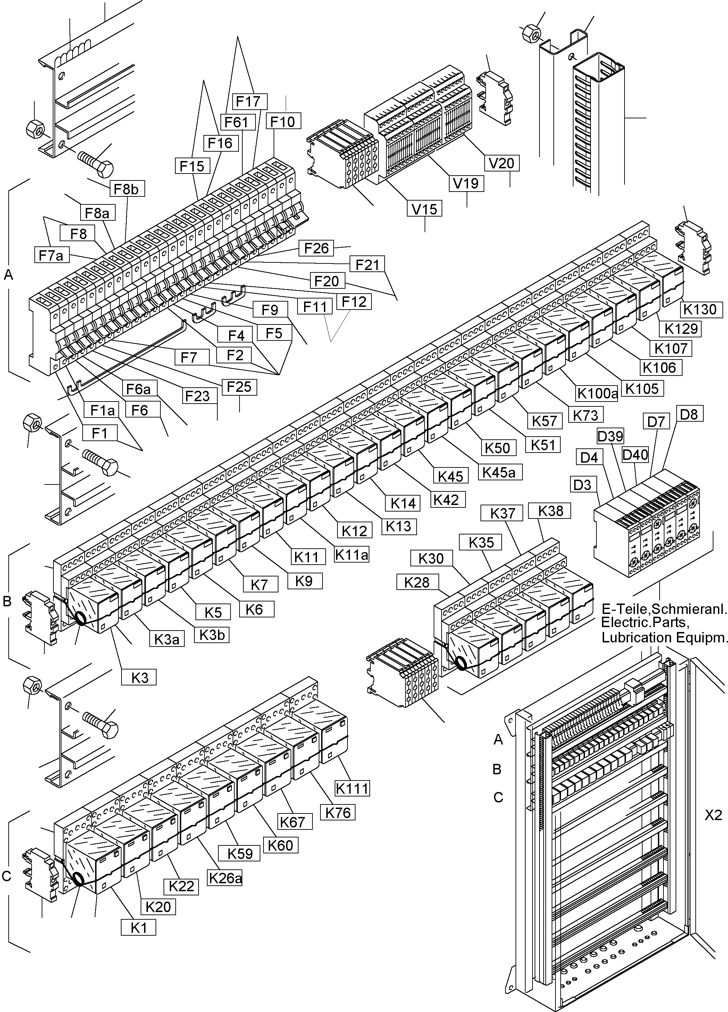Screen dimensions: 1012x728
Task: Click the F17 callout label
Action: [248, 102]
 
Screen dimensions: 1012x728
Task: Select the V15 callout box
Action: [425, 208]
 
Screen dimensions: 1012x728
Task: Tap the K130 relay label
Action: [700, 309]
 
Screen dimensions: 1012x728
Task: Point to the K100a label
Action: [597, 393]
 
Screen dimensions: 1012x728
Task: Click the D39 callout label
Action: [610, 436]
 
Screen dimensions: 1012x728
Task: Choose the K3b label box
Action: [211, 634]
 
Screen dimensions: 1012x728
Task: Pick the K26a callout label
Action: [225, 878]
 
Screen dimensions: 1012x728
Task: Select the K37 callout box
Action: [503, 514]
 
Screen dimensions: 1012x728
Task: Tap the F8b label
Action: [126, 189]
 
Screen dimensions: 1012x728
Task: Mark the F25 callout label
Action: [239, 387]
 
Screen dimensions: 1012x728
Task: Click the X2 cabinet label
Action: [713, 815]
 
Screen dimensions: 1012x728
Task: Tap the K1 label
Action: [139, 928]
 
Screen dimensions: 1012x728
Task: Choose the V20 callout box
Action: [502, 163]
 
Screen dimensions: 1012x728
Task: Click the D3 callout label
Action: [582, 484]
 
